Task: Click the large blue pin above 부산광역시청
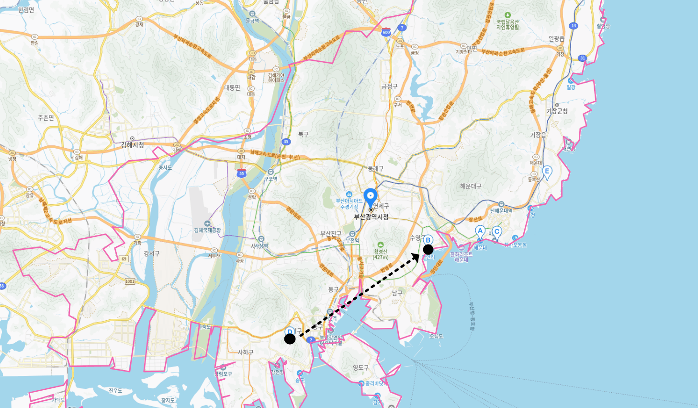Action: click(370, 197)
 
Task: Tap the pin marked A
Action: click(480, 232)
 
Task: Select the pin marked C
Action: click(497, 233)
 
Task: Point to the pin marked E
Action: click(547, 172)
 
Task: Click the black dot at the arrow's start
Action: click(290, 339)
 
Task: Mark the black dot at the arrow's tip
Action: click(428, 249)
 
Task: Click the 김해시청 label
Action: click(132, 145)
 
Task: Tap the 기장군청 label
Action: click(557, 111)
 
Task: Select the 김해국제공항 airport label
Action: click(207, 230)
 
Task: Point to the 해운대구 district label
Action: click(471, 186)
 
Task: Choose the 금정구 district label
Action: click(389, 86)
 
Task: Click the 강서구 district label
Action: click(151, 253)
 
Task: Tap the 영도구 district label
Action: click(361, 368)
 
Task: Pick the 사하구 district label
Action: click(246, 352)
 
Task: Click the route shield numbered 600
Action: click(386, 33)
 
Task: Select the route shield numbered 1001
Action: click(130, 281)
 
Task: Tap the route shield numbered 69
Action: click(124, 259)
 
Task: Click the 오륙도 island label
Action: click(437, 336)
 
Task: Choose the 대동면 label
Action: click(232, 88)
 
